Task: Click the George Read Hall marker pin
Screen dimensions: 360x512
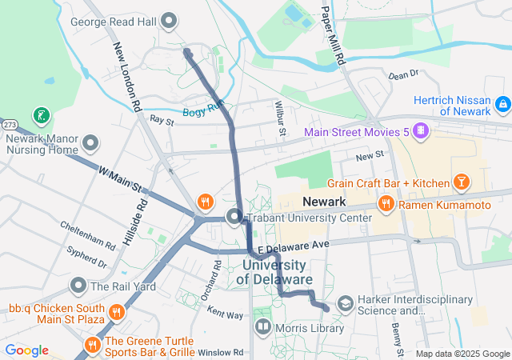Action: pos(169,20)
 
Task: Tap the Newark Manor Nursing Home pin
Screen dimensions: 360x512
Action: pos(90,144)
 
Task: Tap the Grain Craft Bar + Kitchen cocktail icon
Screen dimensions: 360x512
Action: pos(461,183)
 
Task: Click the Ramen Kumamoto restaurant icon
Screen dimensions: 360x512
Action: pos(386,205)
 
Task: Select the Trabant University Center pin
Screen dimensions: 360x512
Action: pos(234,217)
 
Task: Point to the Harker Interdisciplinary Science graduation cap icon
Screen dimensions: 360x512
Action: pos(345,304)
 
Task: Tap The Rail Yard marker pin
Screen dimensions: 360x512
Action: pos(78,286)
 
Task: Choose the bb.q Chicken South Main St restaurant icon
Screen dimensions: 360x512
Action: pos(117,312)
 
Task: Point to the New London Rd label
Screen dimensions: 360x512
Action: pos(127,76)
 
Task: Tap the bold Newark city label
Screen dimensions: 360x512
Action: pos(324,202)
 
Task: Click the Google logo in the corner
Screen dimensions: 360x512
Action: pos(26,350)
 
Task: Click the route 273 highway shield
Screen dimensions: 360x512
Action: pos(9,125)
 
